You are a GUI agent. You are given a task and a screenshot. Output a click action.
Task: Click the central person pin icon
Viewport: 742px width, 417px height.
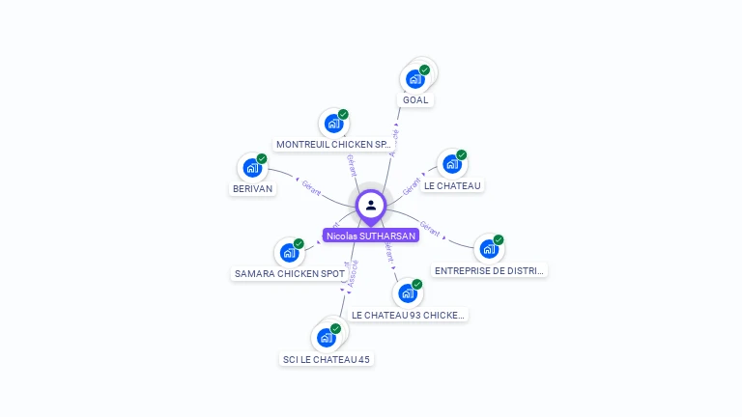(x=371, y=206)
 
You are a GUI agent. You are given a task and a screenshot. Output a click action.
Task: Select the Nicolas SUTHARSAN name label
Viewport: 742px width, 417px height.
(x=371, y=236)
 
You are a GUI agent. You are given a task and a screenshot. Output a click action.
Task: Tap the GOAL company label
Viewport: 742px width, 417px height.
(x=415, y=99)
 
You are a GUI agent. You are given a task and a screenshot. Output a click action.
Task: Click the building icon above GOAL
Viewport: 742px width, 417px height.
(x=415, y=79)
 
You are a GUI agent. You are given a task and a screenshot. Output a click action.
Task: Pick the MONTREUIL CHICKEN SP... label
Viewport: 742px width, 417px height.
(x=333, y=145)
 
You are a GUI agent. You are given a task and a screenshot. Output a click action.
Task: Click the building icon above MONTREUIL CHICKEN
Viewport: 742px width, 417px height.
(x=333, y=124)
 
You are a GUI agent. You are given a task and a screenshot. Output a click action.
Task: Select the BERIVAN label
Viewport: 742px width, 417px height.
(x=253, y=189)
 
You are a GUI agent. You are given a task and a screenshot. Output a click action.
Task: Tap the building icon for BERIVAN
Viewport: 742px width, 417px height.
(x=252, y=168)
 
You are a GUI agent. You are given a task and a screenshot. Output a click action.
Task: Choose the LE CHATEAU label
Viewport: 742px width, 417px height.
(x=452, y=185)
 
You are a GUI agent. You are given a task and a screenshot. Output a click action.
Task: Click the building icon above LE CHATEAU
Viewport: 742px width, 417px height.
(x=451, y=164)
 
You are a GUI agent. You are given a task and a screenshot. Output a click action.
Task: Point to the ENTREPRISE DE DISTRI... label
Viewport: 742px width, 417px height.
(x=489, y=271)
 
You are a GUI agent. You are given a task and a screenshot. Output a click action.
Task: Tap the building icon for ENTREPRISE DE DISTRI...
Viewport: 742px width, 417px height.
(x=489, y=249)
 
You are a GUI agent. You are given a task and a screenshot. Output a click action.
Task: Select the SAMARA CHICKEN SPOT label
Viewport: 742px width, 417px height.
(x=290, y=274)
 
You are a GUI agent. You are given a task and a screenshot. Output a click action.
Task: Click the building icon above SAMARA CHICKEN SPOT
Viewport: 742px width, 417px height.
(x=289, y=253)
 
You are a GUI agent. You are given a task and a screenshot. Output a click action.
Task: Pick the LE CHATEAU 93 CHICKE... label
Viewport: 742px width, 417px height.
(x=408, y=315)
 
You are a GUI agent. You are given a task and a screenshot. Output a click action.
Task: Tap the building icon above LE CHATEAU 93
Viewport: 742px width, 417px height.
(x=408, y=293)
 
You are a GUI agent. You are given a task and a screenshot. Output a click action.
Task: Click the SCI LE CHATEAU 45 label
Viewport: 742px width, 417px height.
(x=326, y=359)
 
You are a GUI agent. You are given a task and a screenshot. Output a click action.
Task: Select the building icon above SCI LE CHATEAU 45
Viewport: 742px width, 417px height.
(x=326, y=338)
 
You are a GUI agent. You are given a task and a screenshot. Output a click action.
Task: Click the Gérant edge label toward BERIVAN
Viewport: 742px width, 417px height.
(x=311, y=186)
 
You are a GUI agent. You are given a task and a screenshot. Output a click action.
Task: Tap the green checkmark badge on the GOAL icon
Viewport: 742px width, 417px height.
(x=424, y=70)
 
